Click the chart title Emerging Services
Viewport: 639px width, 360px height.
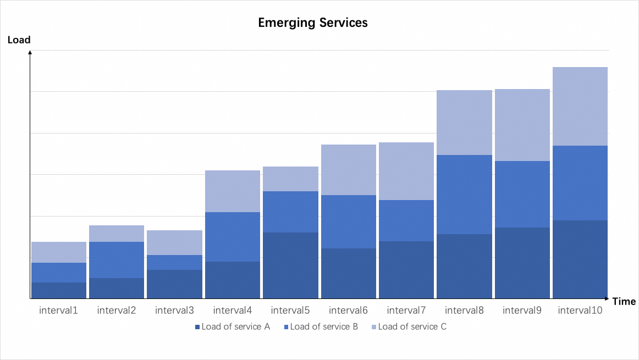313,23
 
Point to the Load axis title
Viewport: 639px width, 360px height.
19,40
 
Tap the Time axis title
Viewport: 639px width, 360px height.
624,302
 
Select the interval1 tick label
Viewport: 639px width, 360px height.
58,311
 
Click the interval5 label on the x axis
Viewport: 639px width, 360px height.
290,311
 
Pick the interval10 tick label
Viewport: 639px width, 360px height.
580,311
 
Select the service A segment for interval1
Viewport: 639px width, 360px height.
59,290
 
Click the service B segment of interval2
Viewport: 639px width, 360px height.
117,260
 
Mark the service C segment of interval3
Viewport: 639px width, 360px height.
174,242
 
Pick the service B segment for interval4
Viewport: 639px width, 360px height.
233,237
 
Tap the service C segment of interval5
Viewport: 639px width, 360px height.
290,179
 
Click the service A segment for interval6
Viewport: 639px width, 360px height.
349,273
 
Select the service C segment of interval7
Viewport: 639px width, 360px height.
406,171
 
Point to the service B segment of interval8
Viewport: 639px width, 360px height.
464,195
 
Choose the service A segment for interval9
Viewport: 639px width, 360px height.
522,263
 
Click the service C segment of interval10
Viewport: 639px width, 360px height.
580,106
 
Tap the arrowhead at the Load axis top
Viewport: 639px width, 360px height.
30,52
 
